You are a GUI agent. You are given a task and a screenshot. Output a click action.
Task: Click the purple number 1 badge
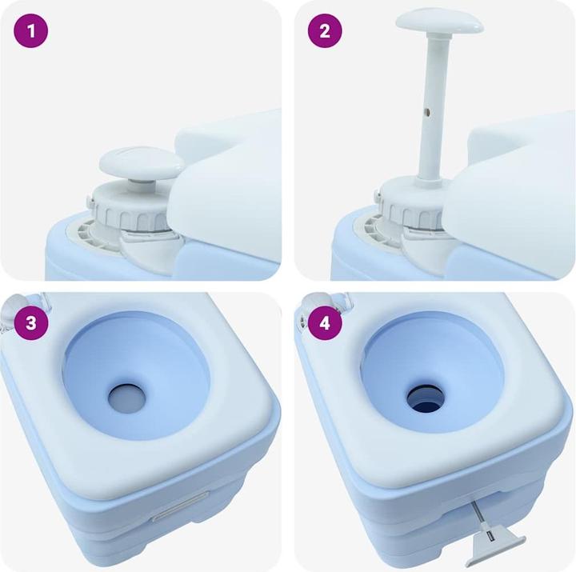pyautogui.click(x=31, y=31)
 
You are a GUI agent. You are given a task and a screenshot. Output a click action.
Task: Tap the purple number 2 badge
pyautogui.click(x=325, y=31)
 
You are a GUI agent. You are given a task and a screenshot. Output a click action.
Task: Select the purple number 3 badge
pyautogui.click(x=31, y=323)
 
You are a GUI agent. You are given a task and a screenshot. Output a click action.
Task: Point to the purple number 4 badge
pyautogui.click(x=325, y=323)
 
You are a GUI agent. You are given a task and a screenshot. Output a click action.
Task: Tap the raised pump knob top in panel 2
pyautogui.click(x=439, y=21)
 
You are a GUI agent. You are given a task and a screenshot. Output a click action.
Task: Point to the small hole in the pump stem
pyautogui.click(x=429, y=113)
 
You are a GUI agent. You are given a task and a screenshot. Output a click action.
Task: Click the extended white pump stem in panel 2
pyautogui.click(x=428, y=104)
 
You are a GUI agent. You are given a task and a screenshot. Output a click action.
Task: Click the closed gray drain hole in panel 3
pyautogui.click(x=127, y=394)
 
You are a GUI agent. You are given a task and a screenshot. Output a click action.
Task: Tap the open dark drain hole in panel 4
pyautogui.click(x=424, y=394)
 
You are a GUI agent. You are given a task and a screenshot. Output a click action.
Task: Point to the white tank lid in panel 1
pyautogui.click(x=232, y=184)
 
